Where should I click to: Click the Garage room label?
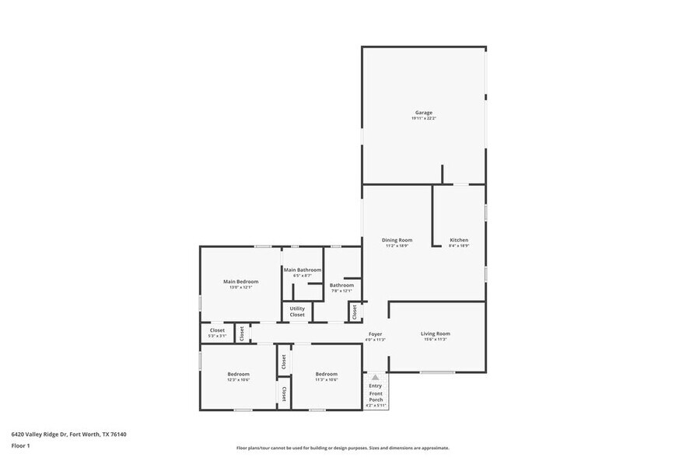[x=423, y=113]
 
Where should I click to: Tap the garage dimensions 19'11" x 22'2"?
[x=423, y=118]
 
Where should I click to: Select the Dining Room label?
[x=397, y=240]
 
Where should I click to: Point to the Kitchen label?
[x=459, y=240]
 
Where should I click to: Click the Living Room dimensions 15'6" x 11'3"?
[x=436, y=339]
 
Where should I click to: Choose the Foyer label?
[x=375, y=333]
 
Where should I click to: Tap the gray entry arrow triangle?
[x=375, y=377]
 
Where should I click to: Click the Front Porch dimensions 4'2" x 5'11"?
[x=376, y=405]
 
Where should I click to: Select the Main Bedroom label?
[x=240, y=281]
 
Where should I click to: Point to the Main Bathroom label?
[x=302, y=270]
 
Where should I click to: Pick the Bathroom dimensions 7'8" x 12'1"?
[x=341, y=291]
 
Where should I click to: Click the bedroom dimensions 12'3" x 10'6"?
[x=238, y=379]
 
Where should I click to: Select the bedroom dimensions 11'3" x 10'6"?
[x=326, y=379]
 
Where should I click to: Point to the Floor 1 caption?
[x=20, y=445]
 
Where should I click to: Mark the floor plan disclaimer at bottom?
[x=342, y=448]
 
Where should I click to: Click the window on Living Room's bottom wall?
[x=438, y=372]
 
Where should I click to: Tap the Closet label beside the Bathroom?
[x=355, y=312]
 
